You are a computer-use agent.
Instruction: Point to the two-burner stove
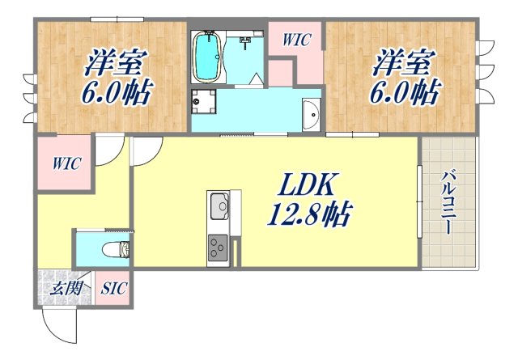[x=219, y=245]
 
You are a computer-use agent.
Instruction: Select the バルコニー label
[x=448, y=203]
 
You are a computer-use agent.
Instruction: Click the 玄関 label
[x=62, y=287]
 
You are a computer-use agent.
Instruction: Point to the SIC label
[x=113, y=288]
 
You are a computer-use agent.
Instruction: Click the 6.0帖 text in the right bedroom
[x=403, y=91]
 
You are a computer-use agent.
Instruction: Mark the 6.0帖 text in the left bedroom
[x=115, y=91]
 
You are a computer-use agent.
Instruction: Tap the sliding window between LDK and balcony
[x=419, y=201]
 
